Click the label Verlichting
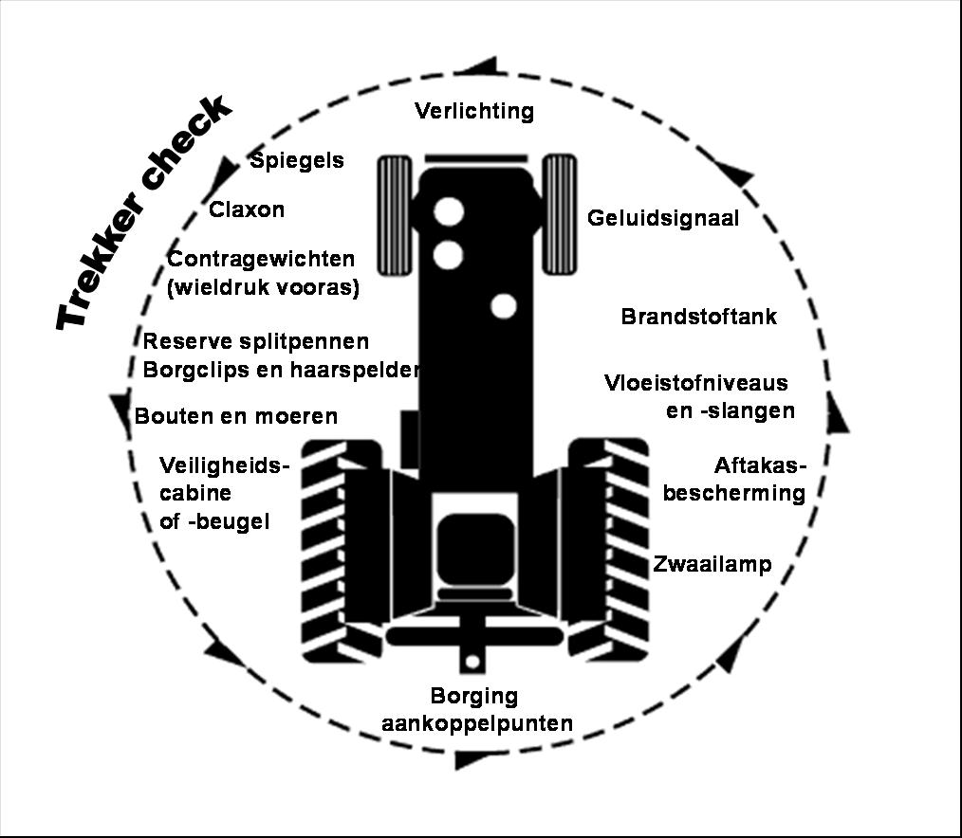click(x=474, y=111)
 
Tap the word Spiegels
click(x=297, y=161)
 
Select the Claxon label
click(x=247, y=209)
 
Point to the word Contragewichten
click(x=261, y=260)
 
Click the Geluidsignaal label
click(x=663, y=218)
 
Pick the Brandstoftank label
click(x=699, y=317)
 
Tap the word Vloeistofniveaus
click(x=696, y=383)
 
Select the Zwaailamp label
click(x=712, y=564)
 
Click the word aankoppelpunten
click(x=477, y=724)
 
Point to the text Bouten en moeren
click(x=236, y=416)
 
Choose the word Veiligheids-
click(x=225, y=465)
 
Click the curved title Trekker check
click(x=145, y=211)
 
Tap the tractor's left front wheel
click(x=394, y=214)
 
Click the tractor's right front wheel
click(x=560, y=214)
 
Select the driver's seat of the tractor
click(x=475, y=552)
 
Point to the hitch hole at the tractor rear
click(x=472, y=663)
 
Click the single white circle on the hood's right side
click(x=504, y=306)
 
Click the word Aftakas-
click(x=760, y=465)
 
